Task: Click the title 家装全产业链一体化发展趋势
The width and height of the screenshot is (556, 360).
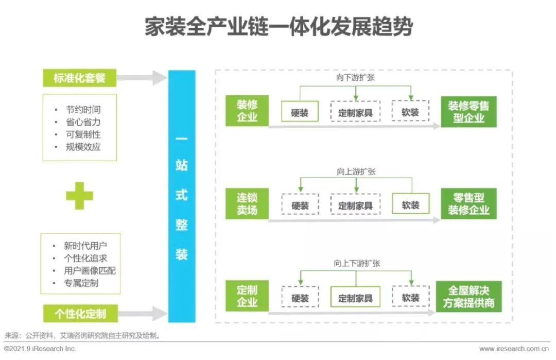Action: click(278, 27)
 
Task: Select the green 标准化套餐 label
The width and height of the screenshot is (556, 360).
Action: click(79, 78)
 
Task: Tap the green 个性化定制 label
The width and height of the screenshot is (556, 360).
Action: click(79, 313)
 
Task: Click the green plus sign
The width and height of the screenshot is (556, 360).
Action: click(79, 196)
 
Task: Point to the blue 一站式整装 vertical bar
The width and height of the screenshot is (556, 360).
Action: click(182, 196)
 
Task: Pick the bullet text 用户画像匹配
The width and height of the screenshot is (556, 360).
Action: click(90, 270)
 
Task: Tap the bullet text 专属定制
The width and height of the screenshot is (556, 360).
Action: click(82, 283)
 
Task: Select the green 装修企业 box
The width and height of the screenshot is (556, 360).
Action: click(247, 111)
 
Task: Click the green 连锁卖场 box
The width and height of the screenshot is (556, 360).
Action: click(247, 203)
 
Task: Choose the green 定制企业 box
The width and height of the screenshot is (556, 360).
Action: click(247, 296)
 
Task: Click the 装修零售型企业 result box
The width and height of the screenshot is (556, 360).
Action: click(468, 111)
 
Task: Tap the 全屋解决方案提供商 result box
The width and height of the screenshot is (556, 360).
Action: click(468, 297)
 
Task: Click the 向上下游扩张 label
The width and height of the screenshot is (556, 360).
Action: click(356, 263)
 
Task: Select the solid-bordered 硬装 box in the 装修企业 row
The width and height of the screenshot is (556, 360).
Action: click(300, 112)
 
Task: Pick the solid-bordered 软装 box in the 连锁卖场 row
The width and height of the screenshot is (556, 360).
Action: click(410, 204)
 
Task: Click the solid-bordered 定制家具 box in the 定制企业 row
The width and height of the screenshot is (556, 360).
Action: click(355, 297)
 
